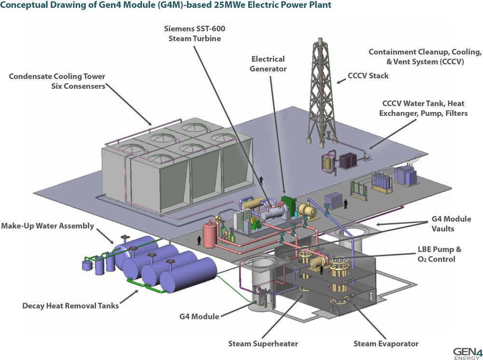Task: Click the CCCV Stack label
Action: click(x=368, y=76)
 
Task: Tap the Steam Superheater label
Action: click(x=263, y=344)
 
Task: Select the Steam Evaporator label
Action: click(x=386, y=344)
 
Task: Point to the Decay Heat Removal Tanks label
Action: click(x=71, y=306)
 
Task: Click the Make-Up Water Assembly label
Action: click(x=47, y=226)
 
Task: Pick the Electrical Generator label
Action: click(x=268, y=64)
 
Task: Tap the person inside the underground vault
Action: click(x=322, y=270)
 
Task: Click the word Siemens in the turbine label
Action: click(x=179, y=28)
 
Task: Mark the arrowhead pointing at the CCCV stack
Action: click(x=339, y=82)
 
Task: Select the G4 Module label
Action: click(x=199, y=317)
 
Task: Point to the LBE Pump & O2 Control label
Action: click(x=439, y=254)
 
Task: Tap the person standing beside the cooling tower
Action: click(x=261, y=180)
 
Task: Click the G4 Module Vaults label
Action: click(x=451, y=224)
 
